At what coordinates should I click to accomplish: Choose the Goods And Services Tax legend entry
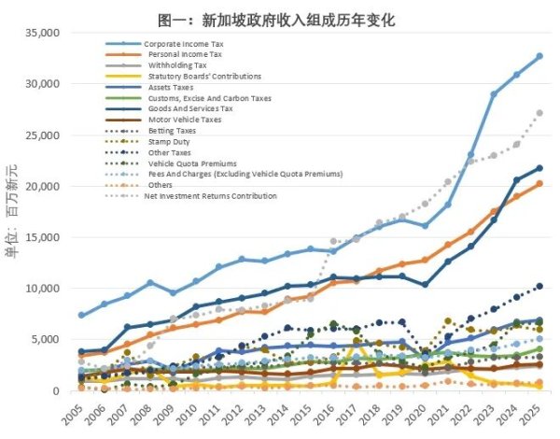coord(190,109)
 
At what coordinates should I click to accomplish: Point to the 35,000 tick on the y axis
coord(41,33)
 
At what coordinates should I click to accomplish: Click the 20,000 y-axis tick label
coord(41,186)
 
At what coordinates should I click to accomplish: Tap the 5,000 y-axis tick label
coord(45,339)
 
